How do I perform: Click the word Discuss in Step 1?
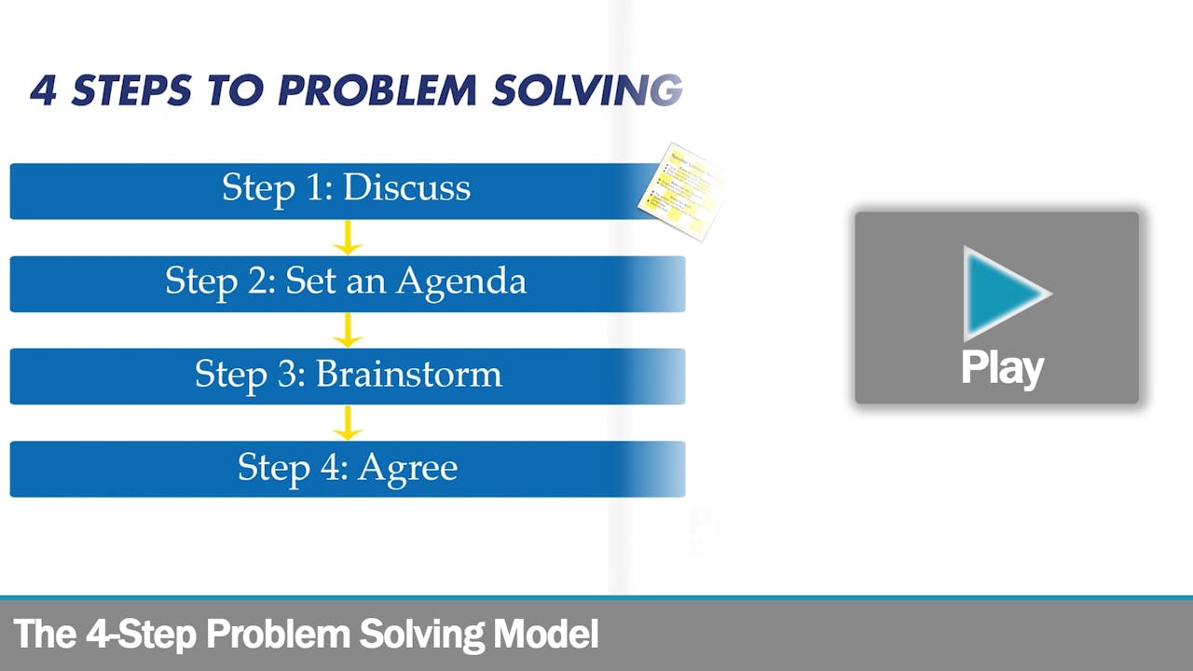point(406,187)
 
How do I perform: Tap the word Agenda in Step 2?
point(460,281)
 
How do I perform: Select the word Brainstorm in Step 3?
point(409,374)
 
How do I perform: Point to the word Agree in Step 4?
point(408,467)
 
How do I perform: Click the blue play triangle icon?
point(1002,293)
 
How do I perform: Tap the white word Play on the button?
point(1002,368)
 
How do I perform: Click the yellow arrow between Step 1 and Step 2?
point(348,238)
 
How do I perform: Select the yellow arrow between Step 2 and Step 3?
point(348,331)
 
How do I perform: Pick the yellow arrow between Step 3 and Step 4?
point(348,423)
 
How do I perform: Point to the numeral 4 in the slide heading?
point(43,89)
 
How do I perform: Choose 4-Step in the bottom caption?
point(141,635)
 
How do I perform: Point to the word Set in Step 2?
point(310,281)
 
